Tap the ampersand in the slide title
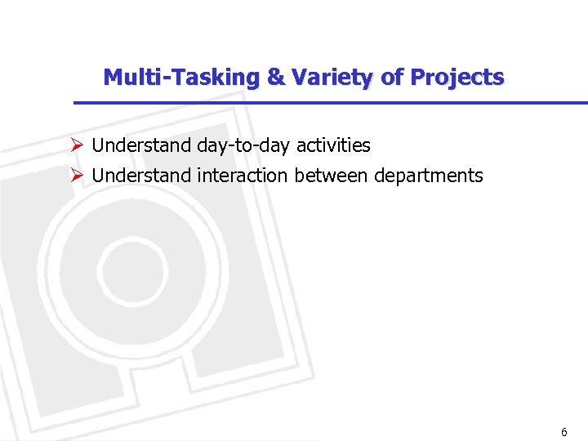pyautogui.click(x=276, y=78)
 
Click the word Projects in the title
pyautogui.click(x=457, y=78)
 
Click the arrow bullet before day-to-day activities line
pyautogui.click(x=77, y=146)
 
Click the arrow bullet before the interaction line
pyautogui.click(x=77, y=176)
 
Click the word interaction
pyautogui.click(x=243, y=176)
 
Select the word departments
pyautogui.click(x=429, y=176)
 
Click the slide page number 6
pyautogui.click(x=563, y=432)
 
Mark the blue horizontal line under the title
pyautogui.click(x=327, y=103)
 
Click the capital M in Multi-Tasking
pyautogui.click(x=113, y=78)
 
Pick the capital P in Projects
pyautogui.click(x=417, y=78)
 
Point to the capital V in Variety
pyautogui.click(x=299, y=78)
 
